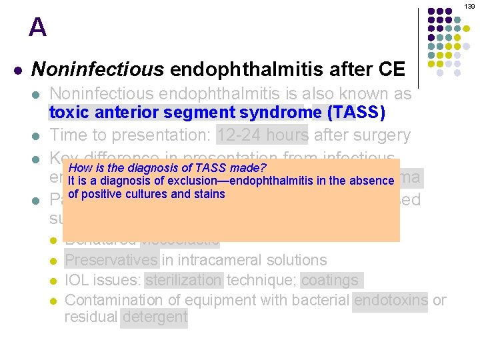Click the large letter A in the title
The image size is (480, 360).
pyautogui.click(x=38, y=28)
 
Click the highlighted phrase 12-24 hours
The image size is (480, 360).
pyautogui.click(x=262, y=135)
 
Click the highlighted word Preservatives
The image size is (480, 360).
pyautogui.click(x=112, y=260)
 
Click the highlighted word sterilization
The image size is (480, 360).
pyautogui.click(x=183, y=281)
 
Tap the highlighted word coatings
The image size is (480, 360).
pyautogui.click(x=331, y=281)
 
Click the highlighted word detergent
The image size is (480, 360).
pyautogui.click(x=155, y=317)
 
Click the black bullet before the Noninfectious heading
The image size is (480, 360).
pyautogui.click(x=18, y=70)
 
